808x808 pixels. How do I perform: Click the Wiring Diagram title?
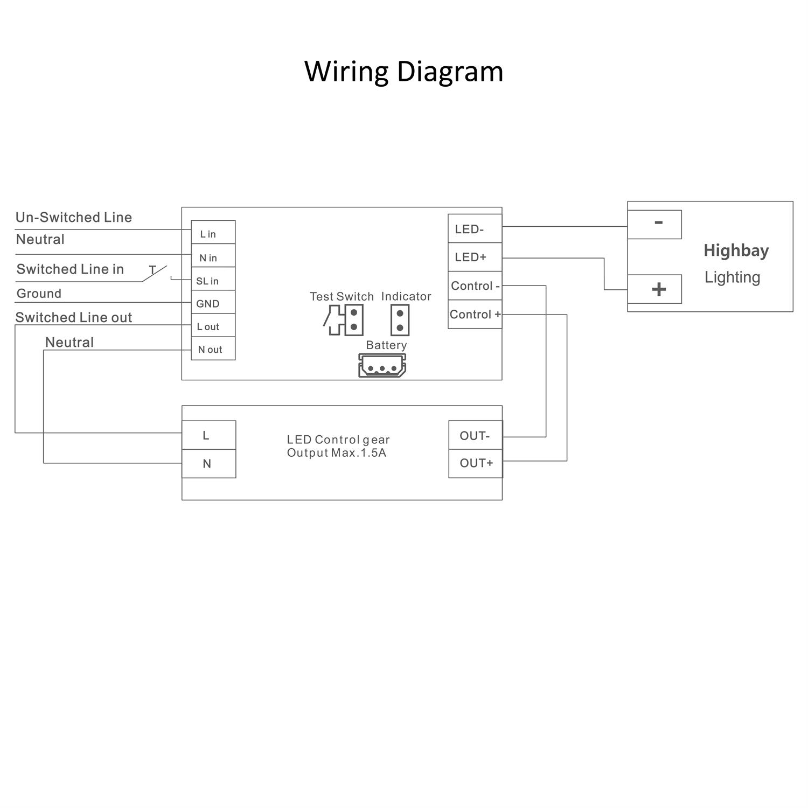point(403,71)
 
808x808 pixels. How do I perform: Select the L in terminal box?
point(213,233)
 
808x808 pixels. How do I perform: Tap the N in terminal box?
point(213,256)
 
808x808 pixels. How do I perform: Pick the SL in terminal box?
point(213,280)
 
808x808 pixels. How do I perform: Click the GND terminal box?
point(213,303)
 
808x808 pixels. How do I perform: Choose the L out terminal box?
point(213,326)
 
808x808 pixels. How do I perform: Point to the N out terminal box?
point(213,349)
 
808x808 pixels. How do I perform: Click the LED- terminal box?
point(475,229)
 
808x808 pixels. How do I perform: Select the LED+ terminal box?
point(475,257)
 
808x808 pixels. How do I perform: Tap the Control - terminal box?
point(475,285)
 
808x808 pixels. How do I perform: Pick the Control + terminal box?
point(475,314)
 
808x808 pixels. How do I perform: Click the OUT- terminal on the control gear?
point(475,435)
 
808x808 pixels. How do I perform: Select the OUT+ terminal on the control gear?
point(475,463)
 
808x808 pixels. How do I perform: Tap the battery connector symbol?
point(382,366)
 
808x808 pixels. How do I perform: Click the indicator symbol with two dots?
point(400,321)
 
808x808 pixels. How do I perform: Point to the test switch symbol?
point(344,320)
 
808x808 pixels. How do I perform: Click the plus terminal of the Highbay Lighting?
point(654,289)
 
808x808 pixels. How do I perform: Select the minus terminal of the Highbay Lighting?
point(654,224)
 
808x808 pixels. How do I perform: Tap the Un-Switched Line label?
point(74,217)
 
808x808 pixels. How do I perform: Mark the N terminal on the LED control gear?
point(208,464)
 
